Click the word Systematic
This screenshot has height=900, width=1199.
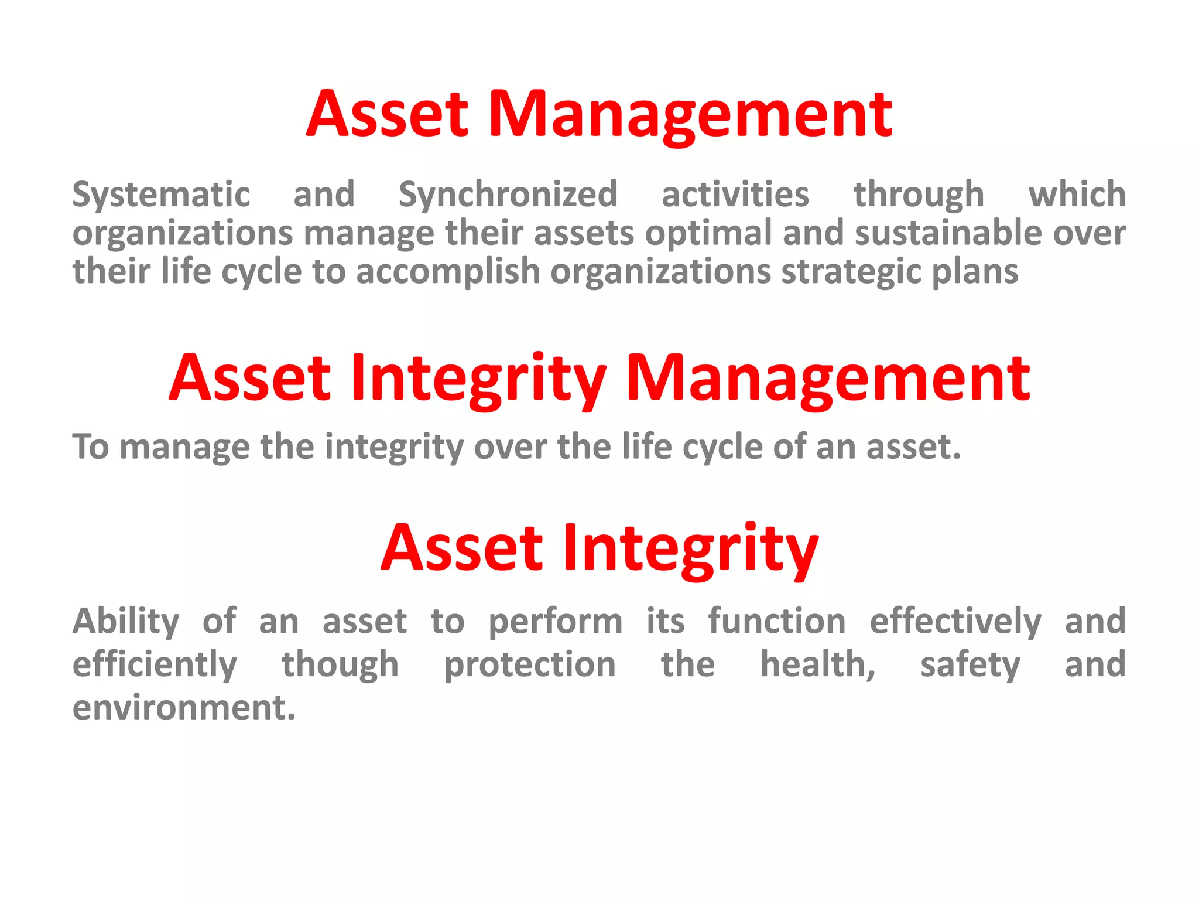161,195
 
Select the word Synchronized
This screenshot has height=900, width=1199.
508,195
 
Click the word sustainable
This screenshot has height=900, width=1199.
948,233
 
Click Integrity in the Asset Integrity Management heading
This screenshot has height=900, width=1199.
478,380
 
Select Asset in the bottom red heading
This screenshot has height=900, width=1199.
462,548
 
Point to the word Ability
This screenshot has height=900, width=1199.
126,622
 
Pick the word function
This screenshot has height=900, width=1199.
777,621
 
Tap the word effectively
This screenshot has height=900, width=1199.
955,622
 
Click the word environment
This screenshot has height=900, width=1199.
184,708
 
